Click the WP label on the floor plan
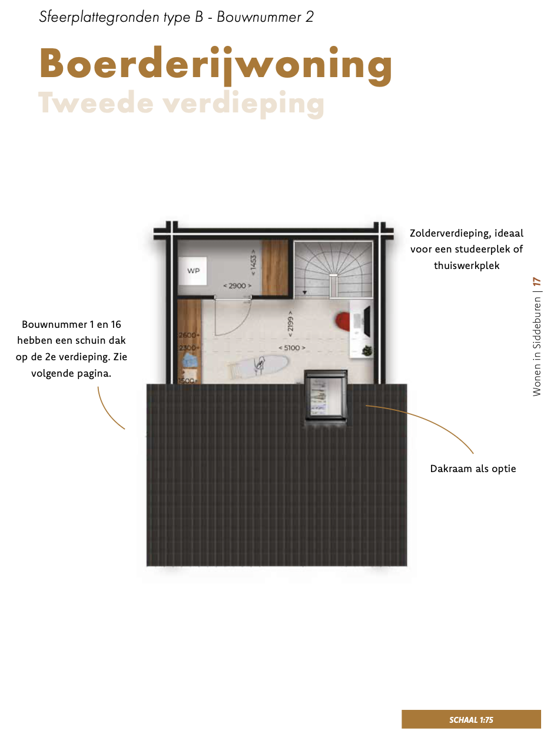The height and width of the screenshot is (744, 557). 193,271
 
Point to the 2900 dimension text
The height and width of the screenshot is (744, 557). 237,285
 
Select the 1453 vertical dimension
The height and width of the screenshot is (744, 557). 253,263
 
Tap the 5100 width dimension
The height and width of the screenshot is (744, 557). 292,347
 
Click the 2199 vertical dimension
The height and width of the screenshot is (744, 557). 290,324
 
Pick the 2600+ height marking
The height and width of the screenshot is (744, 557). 189,335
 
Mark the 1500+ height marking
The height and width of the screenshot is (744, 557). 187,381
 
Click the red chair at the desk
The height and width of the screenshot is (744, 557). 343,321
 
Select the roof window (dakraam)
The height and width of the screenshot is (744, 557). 326,395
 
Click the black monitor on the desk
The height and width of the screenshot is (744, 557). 367,321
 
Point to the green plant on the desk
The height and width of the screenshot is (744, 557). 367,350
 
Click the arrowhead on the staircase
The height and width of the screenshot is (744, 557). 305,292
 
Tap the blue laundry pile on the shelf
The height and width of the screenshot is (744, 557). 189,360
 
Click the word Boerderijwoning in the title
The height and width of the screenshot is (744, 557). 216,65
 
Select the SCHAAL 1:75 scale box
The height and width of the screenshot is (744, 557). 471,719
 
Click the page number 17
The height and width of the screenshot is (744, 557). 536,282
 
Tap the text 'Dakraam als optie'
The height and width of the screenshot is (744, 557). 473,469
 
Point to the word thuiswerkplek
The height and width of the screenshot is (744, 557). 466,265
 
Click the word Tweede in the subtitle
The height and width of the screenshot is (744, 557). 96,102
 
